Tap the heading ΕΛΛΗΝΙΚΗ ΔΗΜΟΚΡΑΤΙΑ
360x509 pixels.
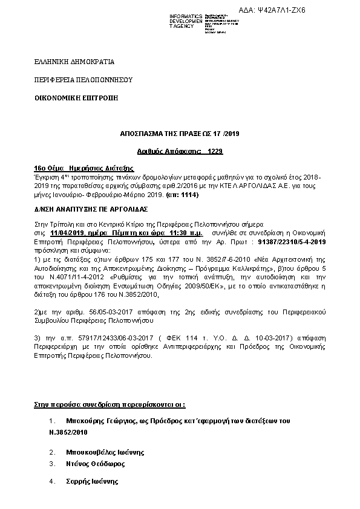point(74,62)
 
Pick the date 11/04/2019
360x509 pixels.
point(68,232)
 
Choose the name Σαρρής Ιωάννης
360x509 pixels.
point(92,482)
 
